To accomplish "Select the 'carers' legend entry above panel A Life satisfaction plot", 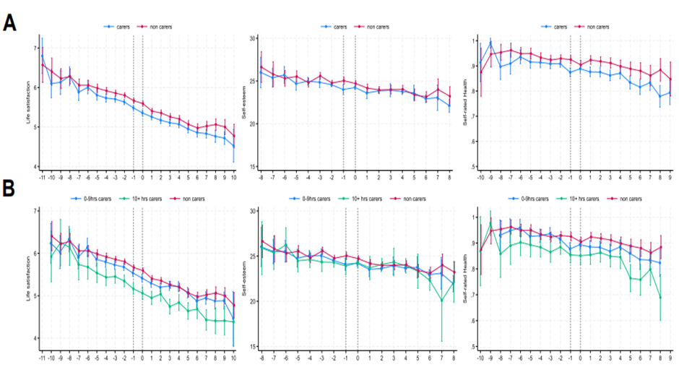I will (x=119, y=27).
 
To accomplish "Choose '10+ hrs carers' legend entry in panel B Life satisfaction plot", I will (x=141, y=197).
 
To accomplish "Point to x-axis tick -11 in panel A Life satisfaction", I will (x=43, y=176).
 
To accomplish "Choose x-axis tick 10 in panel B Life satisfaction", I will (x=233, y=358).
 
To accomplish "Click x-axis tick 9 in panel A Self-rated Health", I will (x=670, y=176).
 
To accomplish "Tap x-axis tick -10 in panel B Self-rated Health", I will (x=480, y=358).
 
